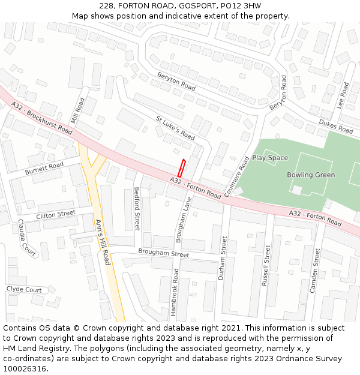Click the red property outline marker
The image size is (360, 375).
181,168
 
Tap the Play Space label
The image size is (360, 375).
270,158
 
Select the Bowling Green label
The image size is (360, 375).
311,175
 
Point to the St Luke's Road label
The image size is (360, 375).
175,127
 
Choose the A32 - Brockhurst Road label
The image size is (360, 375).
41,118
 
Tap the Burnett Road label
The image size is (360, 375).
44,169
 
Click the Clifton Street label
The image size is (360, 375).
56,214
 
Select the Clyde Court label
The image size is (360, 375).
24,290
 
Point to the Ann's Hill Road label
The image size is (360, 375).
103,242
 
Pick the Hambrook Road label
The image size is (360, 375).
175,292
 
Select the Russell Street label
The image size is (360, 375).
266,264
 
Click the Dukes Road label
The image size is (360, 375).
335,127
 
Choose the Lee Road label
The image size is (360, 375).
343,95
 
